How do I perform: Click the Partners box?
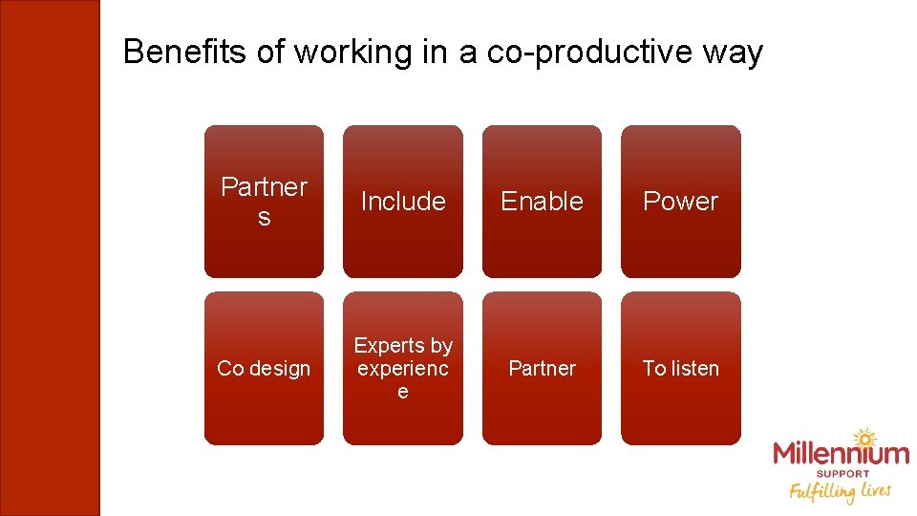click(x=264, y=202)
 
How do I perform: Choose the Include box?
click(x=403, y=202)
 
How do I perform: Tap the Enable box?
click(x=542, y=202)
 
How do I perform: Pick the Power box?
click(x=681, y=202)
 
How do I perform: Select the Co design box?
click(x=264, y=368)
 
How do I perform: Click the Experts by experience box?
click(x=403, y=368)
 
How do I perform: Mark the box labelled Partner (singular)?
click(x=542, y=368)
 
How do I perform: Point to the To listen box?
click(x=681, y=368)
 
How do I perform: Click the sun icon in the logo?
click(x=864, y=439)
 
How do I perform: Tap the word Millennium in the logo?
click(x=841, y=455)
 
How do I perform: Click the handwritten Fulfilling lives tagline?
click(x=840, y=491)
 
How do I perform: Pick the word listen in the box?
click(x=694, y=368)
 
